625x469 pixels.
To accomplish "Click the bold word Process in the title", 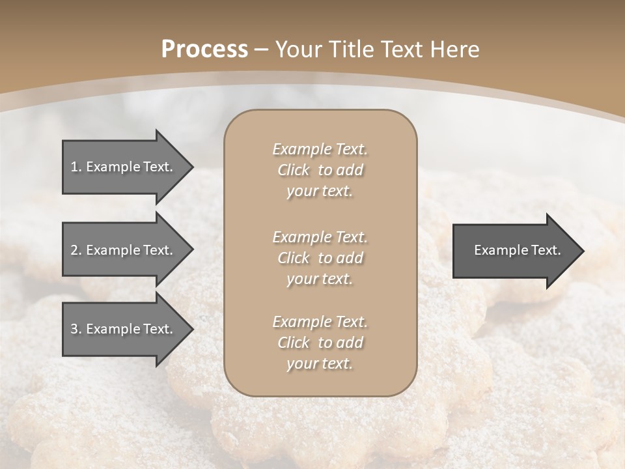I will (x=204, y=50).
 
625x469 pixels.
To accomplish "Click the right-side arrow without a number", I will (x=518, y=251).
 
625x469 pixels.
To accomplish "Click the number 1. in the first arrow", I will (x=76, y=167).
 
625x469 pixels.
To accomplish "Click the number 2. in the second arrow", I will (x=76, y=250).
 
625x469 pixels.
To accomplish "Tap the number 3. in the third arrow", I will (x=76, y=329).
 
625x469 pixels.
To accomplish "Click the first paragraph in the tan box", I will (x=320, y=170).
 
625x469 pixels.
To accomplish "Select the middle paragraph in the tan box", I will (x=320, y=257).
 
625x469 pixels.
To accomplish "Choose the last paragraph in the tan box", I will (x=320, y=343).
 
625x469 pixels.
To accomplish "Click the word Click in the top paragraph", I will (x=293, y=170).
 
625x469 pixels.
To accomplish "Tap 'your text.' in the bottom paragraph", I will (x=320, y=363).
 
